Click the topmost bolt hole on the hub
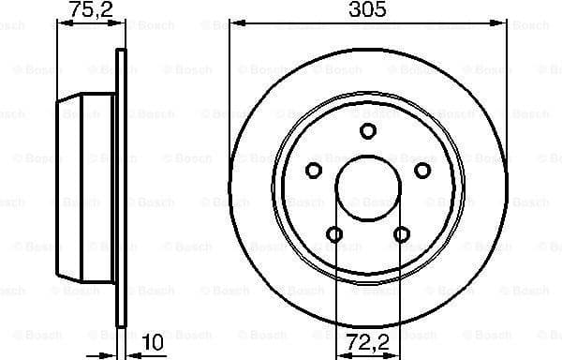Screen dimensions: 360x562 [368, 130]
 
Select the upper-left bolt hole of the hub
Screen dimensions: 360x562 [314, 170]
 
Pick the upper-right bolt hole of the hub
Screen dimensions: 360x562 [422, 170]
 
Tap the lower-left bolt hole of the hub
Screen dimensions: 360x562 [334, 233]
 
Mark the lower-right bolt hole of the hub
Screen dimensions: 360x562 [402, 233]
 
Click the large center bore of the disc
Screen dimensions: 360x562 [368, 188]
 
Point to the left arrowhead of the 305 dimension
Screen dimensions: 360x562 [234, 22]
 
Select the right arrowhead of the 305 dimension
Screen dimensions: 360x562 [502, 22]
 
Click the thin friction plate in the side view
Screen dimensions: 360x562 [119, 187]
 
